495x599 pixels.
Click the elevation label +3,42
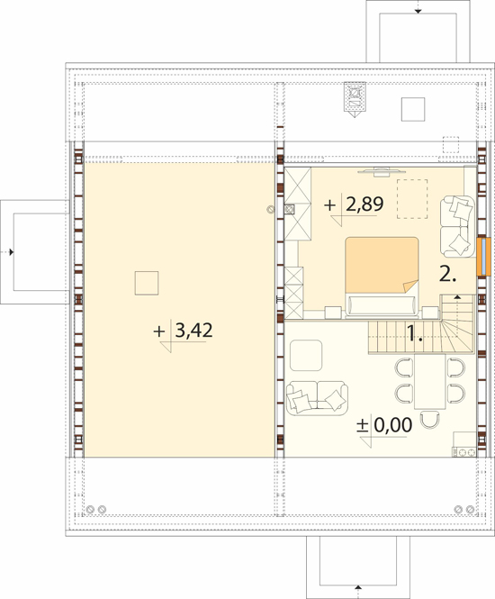(183, 331)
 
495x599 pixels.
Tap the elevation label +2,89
(354, 204)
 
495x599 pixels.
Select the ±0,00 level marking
(384, 425)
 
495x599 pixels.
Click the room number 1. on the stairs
(415, 333)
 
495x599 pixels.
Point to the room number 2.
(447, 274)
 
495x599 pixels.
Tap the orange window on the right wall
(483, 257)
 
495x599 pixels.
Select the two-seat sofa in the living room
(317, 398)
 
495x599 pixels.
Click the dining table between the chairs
(430, 381)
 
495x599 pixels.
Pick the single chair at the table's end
(430, 419)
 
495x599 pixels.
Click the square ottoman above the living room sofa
(306, 355)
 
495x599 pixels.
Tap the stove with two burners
(464, 452)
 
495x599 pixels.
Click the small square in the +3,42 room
(147, 283)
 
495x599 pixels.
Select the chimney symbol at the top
(355, 99)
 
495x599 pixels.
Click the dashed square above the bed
(412, 199)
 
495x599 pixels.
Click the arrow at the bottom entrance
(358, 592)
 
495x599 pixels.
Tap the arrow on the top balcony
(418, 7)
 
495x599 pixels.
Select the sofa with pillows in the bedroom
(458, 226)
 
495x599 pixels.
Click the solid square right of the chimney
(413, 109)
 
